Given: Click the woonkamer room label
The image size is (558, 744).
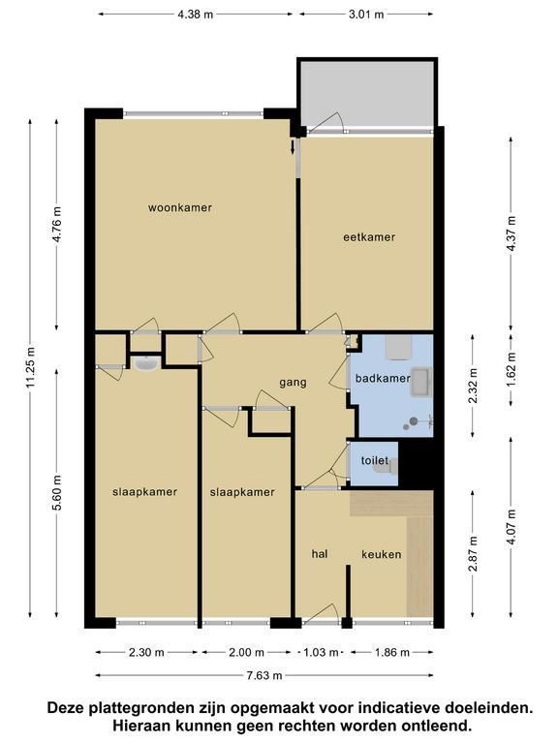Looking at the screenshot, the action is (x=180, y=208).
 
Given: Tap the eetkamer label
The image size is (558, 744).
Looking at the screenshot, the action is (x=369, y=236).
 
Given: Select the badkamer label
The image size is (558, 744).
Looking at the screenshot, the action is (x=383, y=378).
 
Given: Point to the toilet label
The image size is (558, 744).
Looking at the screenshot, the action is (x=374, y=460).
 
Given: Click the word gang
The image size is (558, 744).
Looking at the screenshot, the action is (x=293, y=383).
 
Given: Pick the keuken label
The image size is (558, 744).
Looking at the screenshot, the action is (x=382, y=554).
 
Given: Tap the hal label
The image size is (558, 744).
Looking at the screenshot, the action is (x=320, y=554).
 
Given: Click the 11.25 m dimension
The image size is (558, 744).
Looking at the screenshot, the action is (x=31, y=367).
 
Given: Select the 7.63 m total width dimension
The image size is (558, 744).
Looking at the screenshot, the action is (x=264, y=675).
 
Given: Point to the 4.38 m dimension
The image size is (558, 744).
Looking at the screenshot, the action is (x=196, y=15).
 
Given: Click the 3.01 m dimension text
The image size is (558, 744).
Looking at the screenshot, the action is (x=366, y=15).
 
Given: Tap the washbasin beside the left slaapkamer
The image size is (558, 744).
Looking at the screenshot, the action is (x=146, y=363).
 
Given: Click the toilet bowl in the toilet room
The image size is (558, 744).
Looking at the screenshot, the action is (x=383, y=468).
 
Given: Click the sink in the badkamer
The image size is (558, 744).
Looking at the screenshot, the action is (x=421, y=381).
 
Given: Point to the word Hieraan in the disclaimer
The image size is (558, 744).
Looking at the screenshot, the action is (x=140, y=725).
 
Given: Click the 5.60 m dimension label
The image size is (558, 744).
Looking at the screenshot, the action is (x=58, y=492).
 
